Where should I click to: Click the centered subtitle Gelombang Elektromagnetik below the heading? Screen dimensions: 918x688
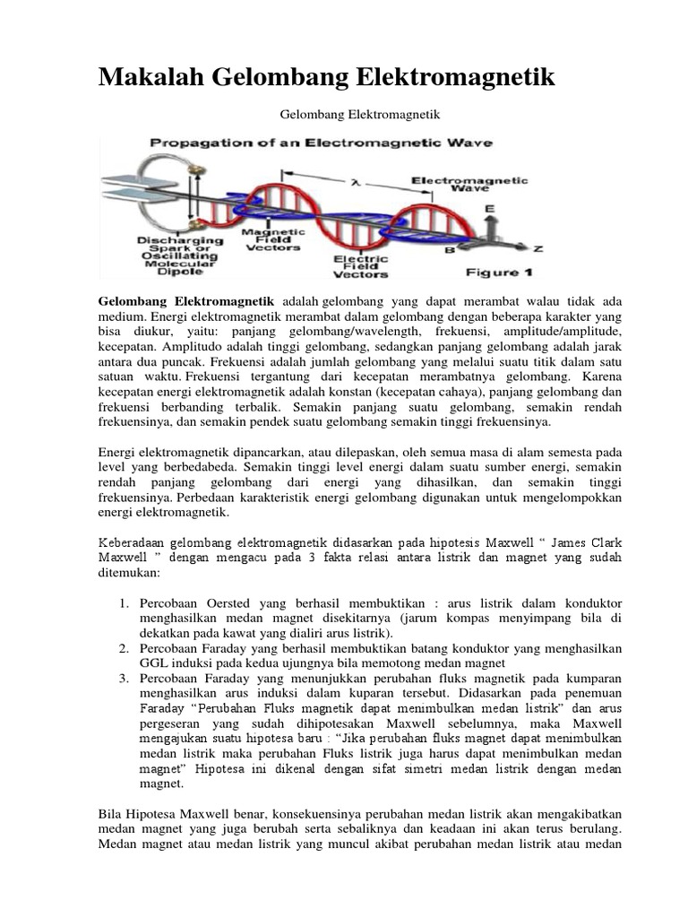[343, 115]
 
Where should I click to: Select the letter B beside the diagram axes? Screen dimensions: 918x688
[451, 252]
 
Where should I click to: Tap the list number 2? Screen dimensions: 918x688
[124, 648]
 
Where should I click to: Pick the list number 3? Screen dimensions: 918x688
[124, 679]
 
